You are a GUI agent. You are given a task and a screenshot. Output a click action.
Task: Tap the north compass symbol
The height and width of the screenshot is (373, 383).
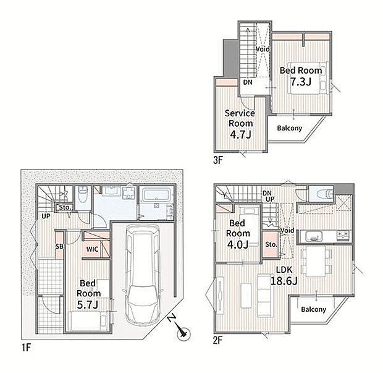pos(180,329)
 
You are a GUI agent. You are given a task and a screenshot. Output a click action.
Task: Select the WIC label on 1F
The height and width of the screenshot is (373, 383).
pos(92,249)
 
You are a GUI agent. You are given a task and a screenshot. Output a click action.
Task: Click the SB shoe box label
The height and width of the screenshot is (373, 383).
pos(59,246)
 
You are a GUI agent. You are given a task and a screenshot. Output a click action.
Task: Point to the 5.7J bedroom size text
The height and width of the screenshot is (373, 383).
pos(88,305)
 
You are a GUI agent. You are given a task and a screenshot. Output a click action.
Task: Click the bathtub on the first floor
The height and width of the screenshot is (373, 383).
pos(156,195)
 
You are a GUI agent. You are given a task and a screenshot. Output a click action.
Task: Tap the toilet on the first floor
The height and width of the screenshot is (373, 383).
pos(83,195)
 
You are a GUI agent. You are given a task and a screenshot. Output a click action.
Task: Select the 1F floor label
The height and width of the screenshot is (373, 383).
pos(26,347)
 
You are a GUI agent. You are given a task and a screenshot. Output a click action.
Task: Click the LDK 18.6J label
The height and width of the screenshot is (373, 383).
pos(284,275)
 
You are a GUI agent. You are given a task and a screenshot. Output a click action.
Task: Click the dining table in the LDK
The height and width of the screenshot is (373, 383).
pos(316,262)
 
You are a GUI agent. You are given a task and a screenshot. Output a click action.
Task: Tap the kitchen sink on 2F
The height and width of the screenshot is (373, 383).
pos(314,236)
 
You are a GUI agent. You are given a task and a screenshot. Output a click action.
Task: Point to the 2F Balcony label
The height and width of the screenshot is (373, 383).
pos(313,309)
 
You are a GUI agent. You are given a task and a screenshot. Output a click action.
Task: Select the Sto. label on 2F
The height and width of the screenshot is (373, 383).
pos(271,244)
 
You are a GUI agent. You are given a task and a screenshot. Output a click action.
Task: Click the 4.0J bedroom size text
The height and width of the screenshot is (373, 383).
pos(237,244)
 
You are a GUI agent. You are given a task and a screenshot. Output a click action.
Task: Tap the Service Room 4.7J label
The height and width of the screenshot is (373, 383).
pos(240,124)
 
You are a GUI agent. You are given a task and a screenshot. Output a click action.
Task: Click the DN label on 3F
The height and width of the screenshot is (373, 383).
pos(248,82)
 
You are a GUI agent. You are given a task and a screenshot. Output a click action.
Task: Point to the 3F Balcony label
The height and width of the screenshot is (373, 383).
pos(290,128)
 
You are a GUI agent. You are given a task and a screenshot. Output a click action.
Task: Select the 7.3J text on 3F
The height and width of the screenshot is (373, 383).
pos(301,82)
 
